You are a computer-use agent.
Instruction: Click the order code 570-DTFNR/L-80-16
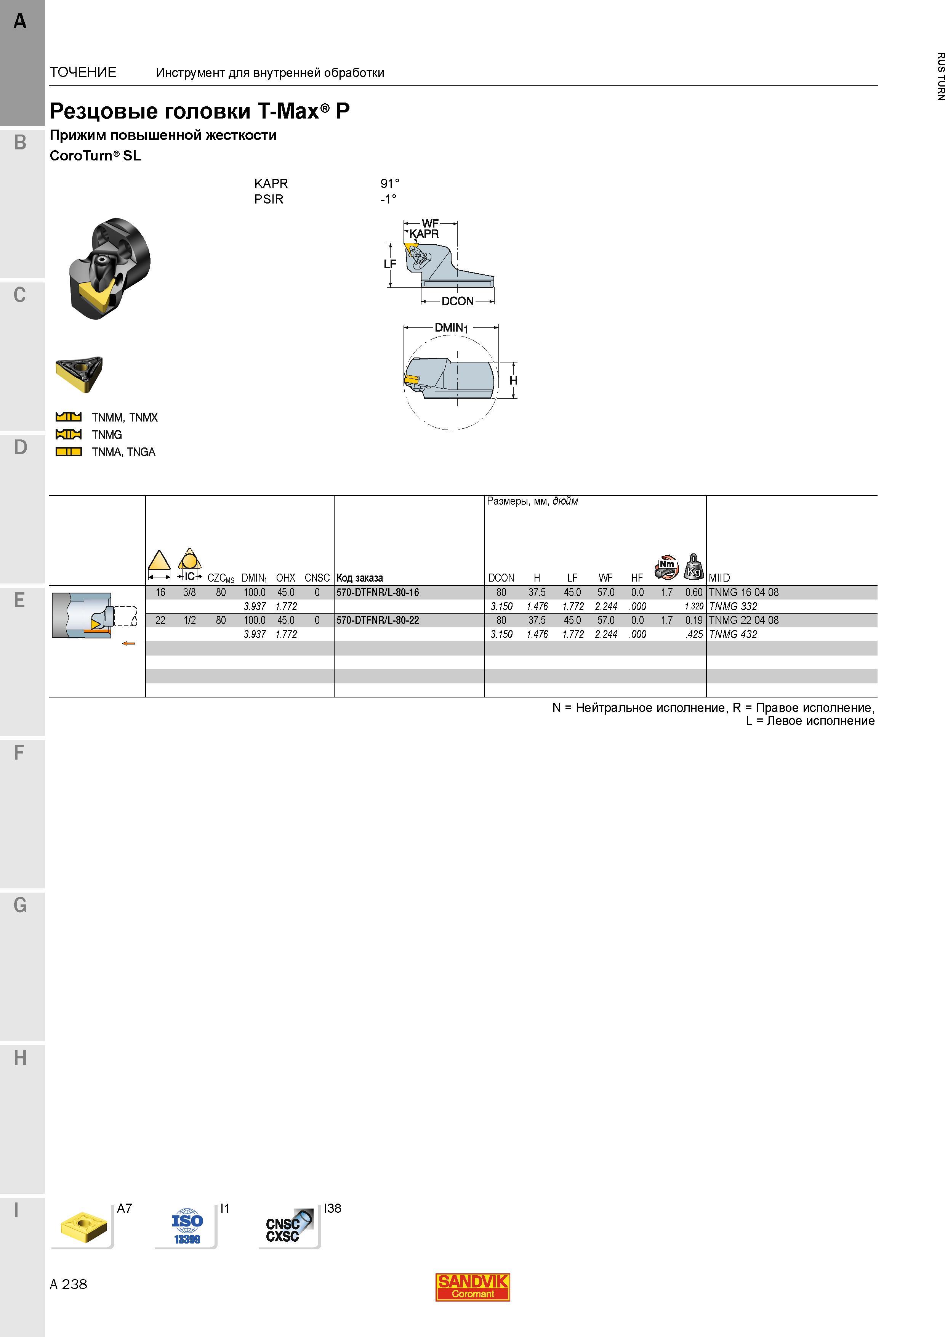(x=377, y=592)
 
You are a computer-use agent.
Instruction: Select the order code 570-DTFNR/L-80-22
(x=377, y=620)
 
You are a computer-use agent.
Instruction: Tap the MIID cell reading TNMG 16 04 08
(x=743, y=592)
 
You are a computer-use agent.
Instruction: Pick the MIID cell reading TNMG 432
(x=733, y=634)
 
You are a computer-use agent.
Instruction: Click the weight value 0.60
(x=694, y=592)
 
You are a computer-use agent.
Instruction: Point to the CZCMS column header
(x=221, y=578)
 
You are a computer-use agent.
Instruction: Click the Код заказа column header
(x=360, y=578)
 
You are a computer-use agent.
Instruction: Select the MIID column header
(x=719, y=578)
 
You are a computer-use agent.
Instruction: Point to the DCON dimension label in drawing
(x=458, y=301)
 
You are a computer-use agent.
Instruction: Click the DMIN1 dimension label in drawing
(x=451, y=328)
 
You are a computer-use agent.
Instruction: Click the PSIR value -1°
(x=388, y=199)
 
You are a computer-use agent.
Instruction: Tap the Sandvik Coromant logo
(x=473, y=1287)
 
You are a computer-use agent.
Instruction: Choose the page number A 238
(x=68, y=1284)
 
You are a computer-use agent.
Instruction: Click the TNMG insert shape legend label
(x=107, y=434)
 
